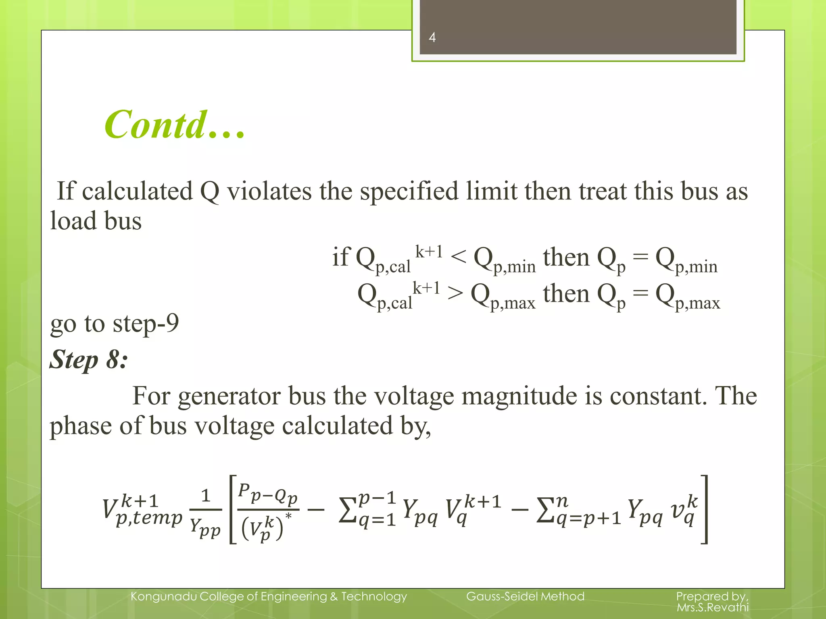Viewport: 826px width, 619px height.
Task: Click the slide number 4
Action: click(x=432, y=37)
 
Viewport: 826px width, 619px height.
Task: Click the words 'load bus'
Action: click(x=96, y=221)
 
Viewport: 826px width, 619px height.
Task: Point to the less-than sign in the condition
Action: click(x=458, y=257)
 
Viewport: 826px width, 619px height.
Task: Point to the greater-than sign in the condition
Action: click(x=455, y=293)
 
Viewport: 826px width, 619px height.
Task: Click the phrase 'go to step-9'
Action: click(x=114, y=323)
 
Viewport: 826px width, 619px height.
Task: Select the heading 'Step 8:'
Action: click(x=89, y=359)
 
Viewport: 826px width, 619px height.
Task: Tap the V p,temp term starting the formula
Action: click(x=142, y=510)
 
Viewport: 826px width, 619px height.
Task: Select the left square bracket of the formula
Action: click(x=233, y=510)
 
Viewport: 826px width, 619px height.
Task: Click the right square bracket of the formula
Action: click(x=704, y=510)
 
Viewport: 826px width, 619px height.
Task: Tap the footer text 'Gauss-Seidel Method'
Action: click(x=525, y=596)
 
